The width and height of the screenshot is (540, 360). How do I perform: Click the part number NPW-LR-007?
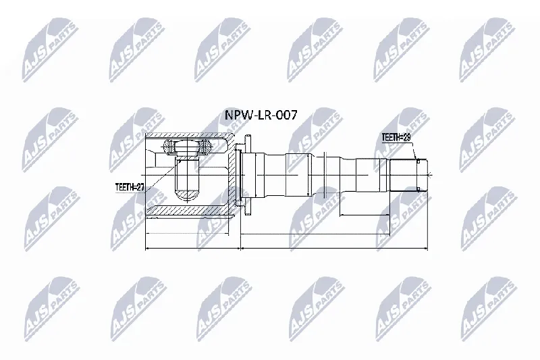click(x=261, y=115)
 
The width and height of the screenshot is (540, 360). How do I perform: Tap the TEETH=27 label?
click(x=130, y=187)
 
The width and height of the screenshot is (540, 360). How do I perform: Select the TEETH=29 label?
click(x=396, y=138)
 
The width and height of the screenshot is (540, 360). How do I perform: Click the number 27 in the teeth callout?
click(x=140, y=187)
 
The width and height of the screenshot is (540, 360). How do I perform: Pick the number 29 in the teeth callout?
click(x=407, y=138)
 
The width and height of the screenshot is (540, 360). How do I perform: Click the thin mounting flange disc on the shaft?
click(x=248, y=175)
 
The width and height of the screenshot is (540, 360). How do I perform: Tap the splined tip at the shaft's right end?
click(x=408, y=175)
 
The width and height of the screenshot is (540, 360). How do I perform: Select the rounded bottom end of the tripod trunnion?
click(x=188, y=195)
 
